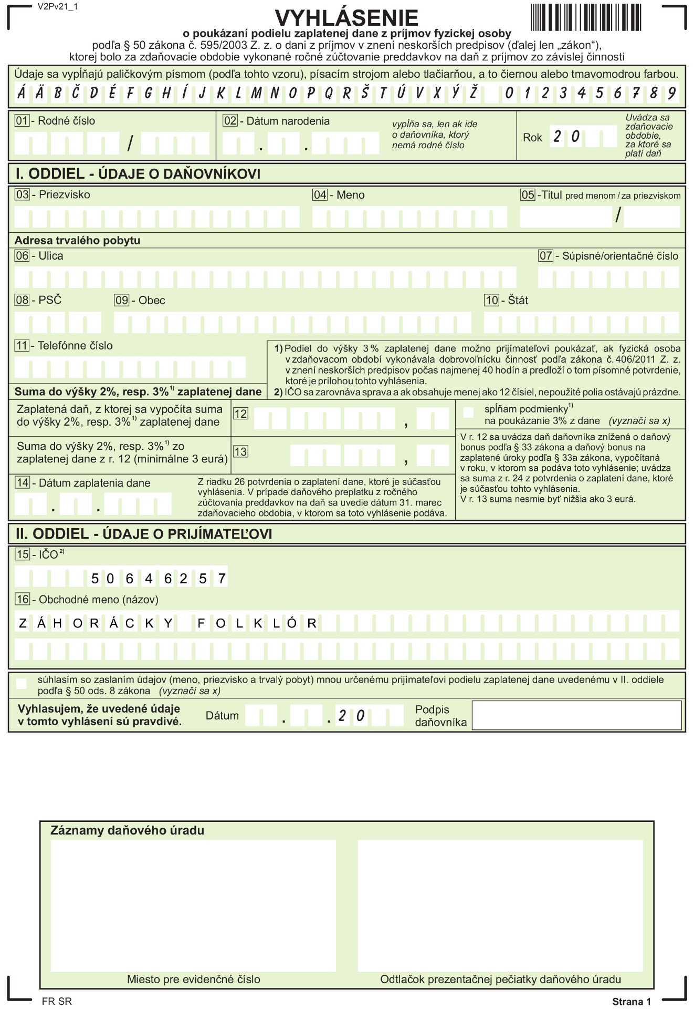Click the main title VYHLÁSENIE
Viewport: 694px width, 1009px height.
[x=346, y=18]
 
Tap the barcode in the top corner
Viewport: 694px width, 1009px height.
[x=586, y=17]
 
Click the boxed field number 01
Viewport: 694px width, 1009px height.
[x=22, y=121]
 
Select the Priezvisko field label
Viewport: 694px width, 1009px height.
[x=64, y=194]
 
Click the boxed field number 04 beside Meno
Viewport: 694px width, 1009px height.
[x=320, y=195]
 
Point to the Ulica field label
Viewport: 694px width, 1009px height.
[x=50, y=256]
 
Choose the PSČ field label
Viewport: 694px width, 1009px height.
[x=50, y=300]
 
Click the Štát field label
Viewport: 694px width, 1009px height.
[x=518, y=300]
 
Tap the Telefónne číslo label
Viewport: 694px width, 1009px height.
[x=75, y=345]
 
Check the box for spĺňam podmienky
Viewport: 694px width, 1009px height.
[x=468, y=412]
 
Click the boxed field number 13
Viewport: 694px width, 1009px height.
[x=240, y=451]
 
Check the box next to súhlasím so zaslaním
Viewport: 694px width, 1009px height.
[x=22, y=684]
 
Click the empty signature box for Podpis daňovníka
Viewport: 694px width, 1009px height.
[x=576, y=715]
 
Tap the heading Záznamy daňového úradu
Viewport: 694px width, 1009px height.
[x=127, y=831]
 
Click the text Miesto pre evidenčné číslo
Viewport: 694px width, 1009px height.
[x=193, y=980]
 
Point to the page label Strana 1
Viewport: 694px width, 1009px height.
[x=631, y=1002]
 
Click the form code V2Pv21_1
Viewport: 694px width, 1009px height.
[x=58, y=7]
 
